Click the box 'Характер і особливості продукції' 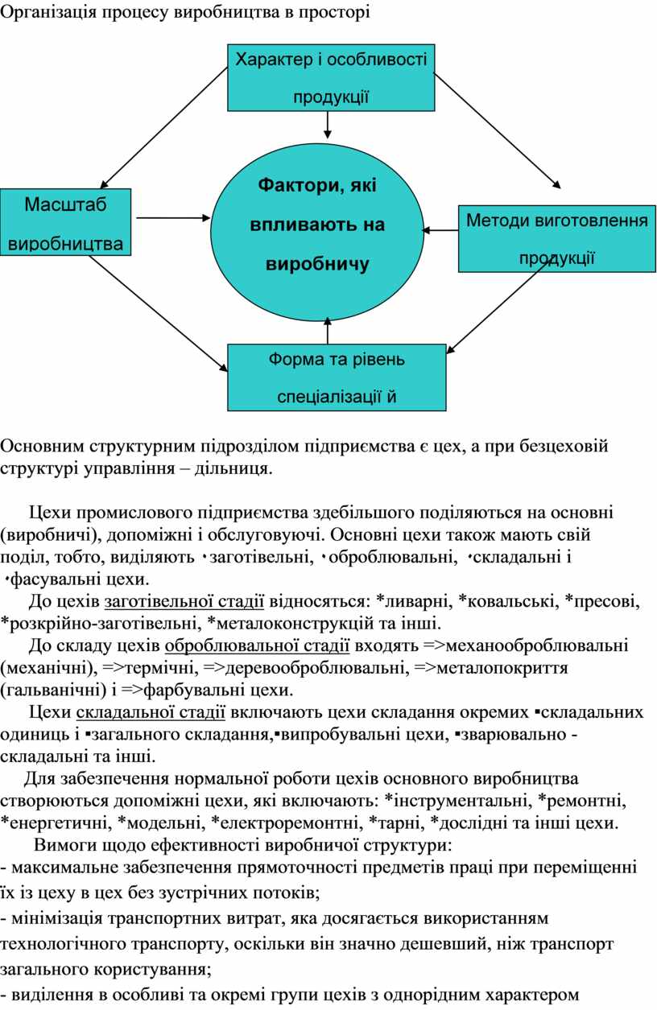[331, 77]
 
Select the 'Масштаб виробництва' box [65, 222]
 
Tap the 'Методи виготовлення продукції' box [557, 239]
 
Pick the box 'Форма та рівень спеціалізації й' [337, 378]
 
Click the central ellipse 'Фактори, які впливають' [317, 233]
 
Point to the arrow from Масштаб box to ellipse [173, 218]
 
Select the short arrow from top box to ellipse [328, 125]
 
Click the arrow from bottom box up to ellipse [328, 331]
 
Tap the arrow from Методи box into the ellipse [440, 230]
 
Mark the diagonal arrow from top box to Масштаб [163, 128]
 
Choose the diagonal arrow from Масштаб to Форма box [158, 313]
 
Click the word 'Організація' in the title [49, 13]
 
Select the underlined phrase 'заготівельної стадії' [184, 601]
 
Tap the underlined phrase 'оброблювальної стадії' [257, 645]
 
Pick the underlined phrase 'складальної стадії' [151, 712]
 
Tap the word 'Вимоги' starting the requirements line [61, 845]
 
